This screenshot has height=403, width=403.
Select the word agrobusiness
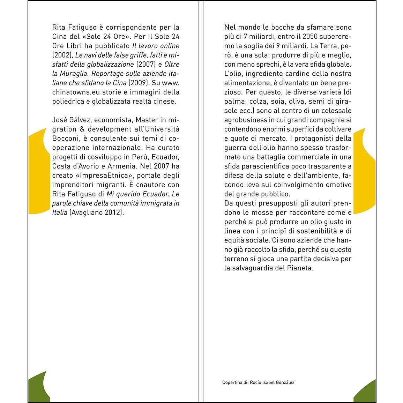[246, 120]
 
